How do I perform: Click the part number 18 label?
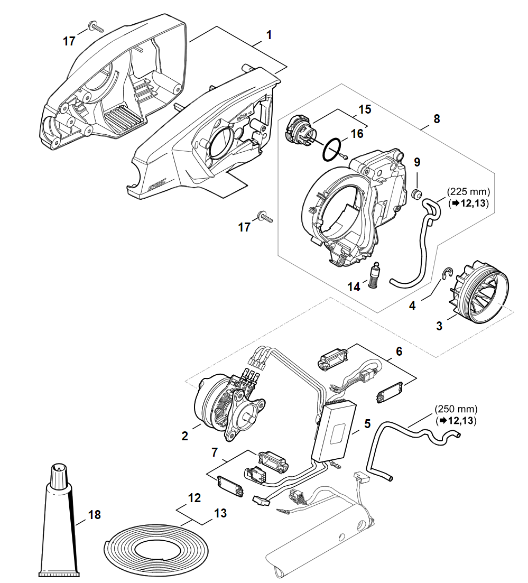click(x=94, y=514)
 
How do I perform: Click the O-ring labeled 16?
click(x=331, y=150)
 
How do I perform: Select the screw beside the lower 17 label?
click(x=264, y=216)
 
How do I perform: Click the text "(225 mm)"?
click(x=468, y=191)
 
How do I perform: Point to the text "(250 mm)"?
click(x=456, y=409)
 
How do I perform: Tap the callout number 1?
click(x=269, y=35)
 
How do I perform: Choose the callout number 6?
click(x=399, y=351)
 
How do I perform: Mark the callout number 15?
click(x=364, y=109)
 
